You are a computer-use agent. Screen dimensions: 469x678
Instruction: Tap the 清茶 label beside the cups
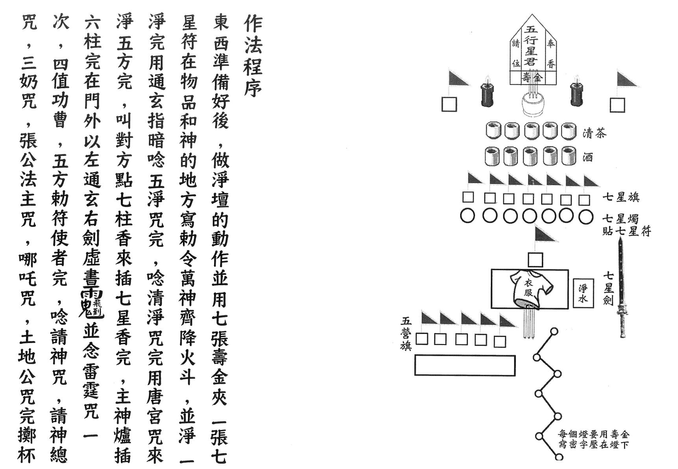click(x=595, y=133)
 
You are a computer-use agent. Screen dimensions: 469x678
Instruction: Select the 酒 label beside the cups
click(x=588, y=157)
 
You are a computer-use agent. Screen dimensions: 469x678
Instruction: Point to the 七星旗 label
click(x=621, y=196)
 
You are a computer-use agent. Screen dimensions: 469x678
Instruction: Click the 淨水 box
click(x=583, y=293)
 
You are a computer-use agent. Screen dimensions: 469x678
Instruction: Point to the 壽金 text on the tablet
click(x=532, y=77)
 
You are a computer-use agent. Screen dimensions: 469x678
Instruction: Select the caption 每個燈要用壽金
click(x=593, y=434)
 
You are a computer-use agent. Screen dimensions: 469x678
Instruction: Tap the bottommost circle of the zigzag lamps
click(x=559, y=457)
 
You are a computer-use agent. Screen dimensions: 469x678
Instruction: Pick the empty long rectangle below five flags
click(x=465, y=365)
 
